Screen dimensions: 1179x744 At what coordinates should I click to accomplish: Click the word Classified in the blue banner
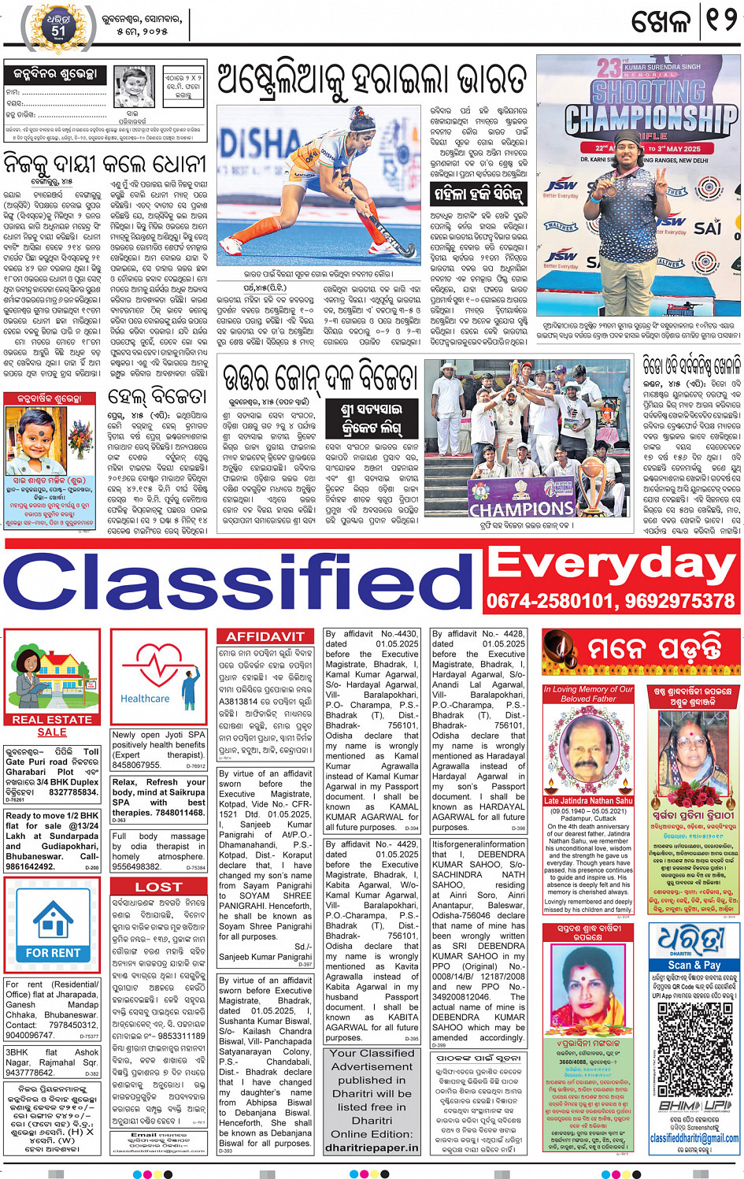click(x=240, y=584)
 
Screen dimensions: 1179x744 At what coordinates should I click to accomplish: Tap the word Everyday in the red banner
click(x=610, y=565)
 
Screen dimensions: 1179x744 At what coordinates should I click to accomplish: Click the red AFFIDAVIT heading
click(x=265, y=636)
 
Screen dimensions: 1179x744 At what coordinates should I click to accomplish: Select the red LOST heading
click(x=158, y=887)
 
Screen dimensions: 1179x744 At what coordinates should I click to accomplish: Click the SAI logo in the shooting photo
click(x=706, y=228)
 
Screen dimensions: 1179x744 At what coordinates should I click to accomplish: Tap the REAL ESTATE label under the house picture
click(x=52, y=719)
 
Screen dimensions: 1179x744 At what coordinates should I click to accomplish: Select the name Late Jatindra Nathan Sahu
click(x=588, y=800)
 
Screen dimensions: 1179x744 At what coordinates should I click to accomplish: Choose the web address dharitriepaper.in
click(x=372, y=1147)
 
